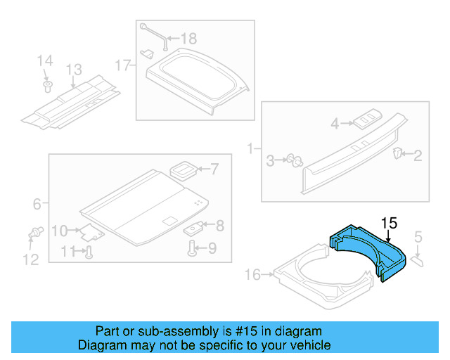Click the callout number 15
tap(389, 223)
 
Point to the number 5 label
tap(418, 238)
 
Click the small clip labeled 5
tap(416, 260)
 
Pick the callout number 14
tap(44, 61)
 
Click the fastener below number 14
tap(48, 86)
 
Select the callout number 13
tap(75, 70)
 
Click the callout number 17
tap(123, 66)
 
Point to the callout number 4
tap(335, 124)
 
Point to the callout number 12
tap(30, 260)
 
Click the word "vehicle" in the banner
tap(307, 345)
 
